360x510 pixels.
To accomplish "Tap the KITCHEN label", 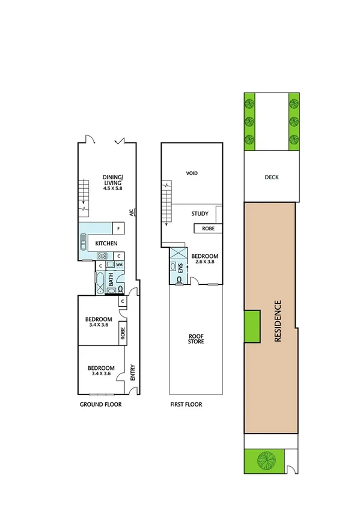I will coord(106,244).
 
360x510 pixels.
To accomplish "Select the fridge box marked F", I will coord(119,229).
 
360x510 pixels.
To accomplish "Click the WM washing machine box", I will coord(120,265).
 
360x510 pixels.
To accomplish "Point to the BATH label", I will coord(111,280).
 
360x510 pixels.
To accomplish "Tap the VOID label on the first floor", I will coord(192,173).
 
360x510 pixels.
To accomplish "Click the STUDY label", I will coord(200,214).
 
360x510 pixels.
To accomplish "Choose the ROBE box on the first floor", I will coord(208,229).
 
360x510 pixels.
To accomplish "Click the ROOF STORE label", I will coord(195,338).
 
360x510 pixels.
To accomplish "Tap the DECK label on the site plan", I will coord(271,177).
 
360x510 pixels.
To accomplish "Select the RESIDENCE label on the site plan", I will coord(278,321).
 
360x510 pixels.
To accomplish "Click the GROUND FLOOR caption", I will coord(101,405).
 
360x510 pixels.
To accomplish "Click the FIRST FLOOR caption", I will coord(186,405).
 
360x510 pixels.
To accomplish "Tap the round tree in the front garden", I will coord(265,461).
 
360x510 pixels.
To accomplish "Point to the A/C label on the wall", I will coord(130,212).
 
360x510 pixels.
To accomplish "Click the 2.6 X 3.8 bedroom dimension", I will coord(202,262).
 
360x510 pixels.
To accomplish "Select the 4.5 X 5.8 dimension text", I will coord(112,188).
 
